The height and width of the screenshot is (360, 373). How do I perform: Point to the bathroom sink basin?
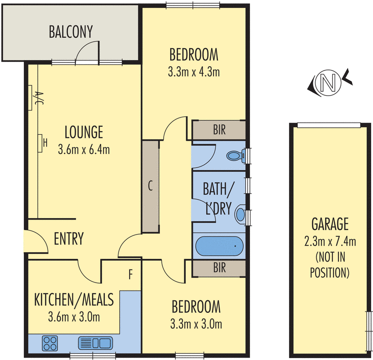coord(240,214)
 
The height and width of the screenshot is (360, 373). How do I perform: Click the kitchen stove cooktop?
coord(50,344)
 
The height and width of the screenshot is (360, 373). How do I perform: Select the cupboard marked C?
coord(150,186)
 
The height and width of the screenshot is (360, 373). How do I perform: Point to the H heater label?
coord(44,142)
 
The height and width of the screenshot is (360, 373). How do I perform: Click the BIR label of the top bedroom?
coord(219,130)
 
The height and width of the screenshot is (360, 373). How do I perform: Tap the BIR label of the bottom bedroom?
coord(219,268)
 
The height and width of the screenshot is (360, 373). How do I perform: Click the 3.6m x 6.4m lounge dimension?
coord(84,150)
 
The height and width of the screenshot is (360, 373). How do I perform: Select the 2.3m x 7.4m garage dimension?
coord(330,241)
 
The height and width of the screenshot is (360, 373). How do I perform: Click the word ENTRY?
coord(69,239)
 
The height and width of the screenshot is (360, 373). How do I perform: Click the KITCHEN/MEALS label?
coord(74,300)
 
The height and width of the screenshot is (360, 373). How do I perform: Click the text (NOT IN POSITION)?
coord(330,264)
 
